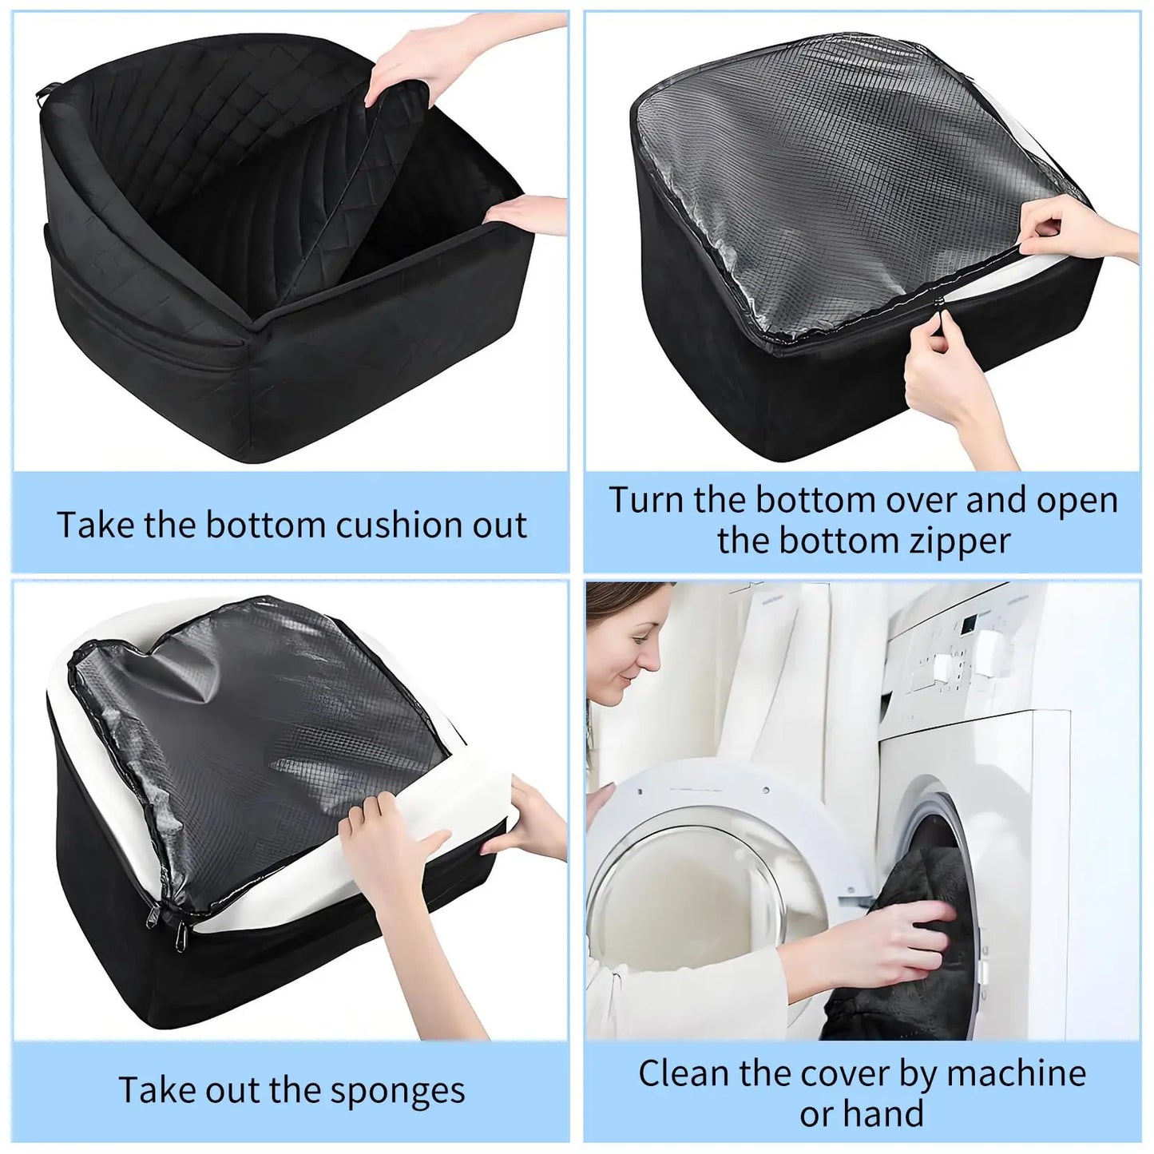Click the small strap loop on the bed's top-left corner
click(x=44, y=95)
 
